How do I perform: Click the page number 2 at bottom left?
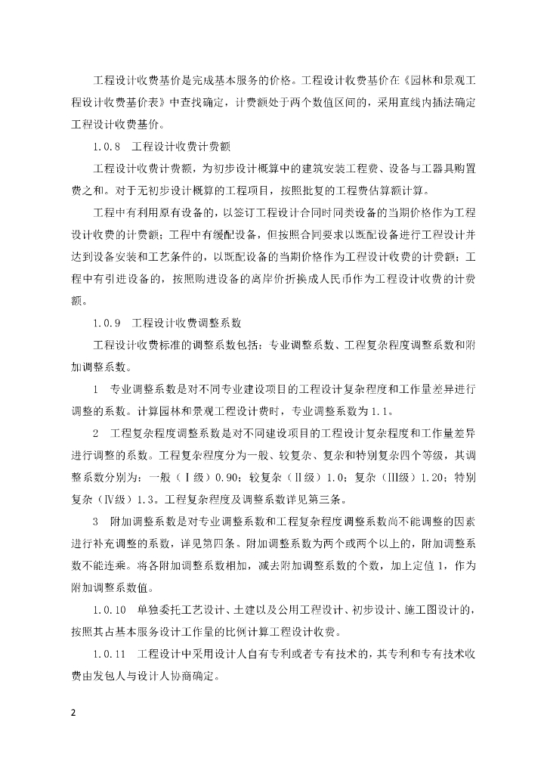point(74,711)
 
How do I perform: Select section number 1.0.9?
point(107,322)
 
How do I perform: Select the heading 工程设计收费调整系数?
point(187,322)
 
